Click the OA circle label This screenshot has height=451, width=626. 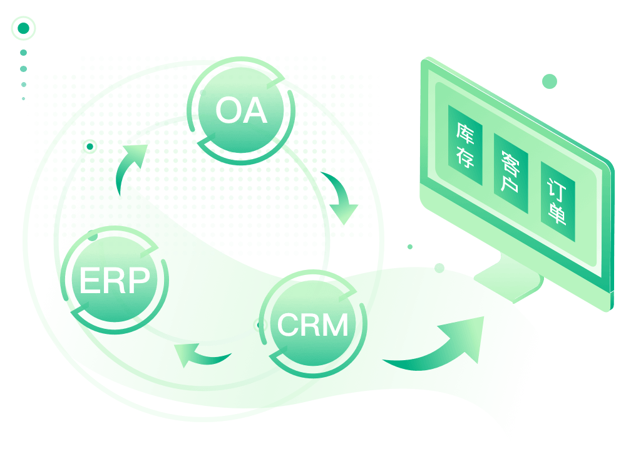click(241, 110)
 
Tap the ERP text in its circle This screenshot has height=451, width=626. click(115, 280)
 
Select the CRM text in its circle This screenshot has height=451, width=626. click(312, 324)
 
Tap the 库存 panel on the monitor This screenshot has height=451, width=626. click(465, 145)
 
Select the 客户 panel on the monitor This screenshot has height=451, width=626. click(511, 173)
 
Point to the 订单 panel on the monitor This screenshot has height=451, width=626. click(558, 201)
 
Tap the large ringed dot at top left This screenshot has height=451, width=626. click(24, 28)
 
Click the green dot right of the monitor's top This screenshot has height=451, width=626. click(550, 81)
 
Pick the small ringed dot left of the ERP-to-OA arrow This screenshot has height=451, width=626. click(90, 147)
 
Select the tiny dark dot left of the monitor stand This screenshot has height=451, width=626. click(409, 247)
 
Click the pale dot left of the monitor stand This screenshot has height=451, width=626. click(439, 268)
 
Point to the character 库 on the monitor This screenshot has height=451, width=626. click(465, 133)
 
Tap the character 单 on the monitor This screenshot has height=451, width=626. click(557, 214)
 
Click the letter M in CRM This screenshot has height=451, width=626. click(334, 324)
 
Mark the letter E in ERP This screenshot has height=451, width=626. click(90, 280)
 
